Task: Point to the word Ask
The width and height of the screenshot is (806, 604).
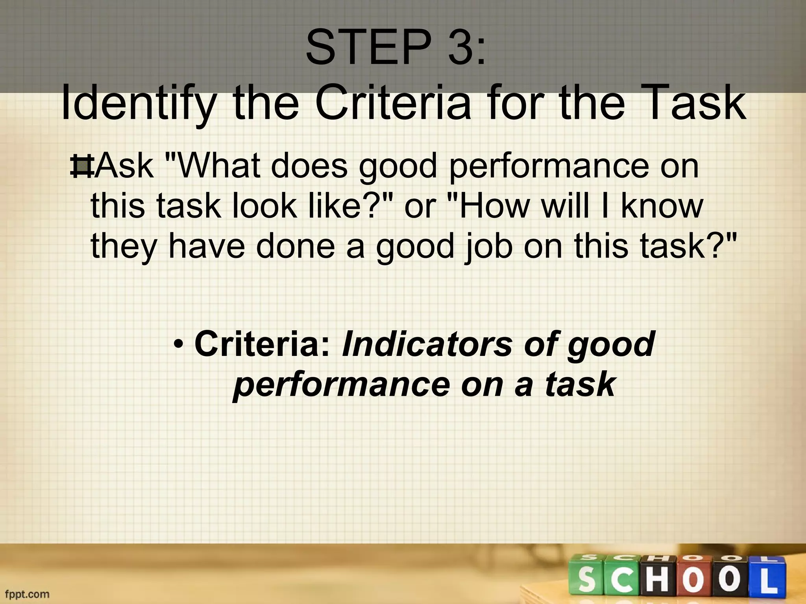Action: point(124,166)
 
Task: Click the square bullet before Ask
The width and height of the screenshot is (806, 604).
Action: point(81,167)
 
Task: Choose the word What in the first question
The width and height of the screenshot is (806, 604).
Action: point(218,166)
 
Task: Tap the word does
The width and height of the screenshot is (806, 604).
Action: point(309,166)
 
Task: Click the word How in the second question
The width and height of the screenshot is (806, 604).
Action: point(494,206)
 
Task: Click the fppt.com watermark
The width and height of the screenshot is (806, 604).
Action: point(27,594)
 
